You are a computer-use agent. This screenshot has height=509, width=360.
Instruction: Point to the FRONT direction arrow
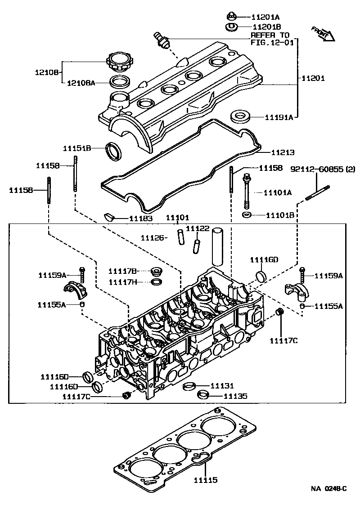(x=323, y=33)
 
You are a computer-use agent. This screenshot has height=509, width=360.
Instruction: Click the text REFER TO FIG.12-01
(x=270, y=39)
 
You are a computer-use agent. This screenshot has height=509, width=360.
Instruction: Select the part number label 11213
(x=282, y=152)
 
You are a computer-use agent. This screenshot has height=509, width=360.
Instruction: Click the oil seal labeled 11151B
(x=113, y=151)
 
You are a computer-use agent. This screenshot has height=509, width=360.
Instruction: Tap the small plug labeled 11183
(x=109, y=218)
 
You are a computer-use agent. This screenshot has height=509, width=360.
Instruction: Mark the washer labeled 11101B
(x=247, y=215)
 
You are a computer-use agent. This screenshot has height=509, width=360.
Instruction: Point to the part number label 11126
(x=152, y=237)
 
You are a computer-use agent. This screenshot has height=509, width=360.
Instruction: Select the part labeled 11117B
(x=156, y=271)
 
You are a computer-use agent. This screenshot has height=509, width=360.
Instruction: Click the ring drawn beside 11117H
(x=156, y=282)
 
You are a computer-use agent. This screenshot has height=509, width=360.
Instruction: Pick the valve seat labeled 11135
(x=204, y=396)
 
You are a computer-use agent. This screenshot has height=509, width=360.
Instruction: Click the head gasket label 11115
(x=206, y=480)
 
